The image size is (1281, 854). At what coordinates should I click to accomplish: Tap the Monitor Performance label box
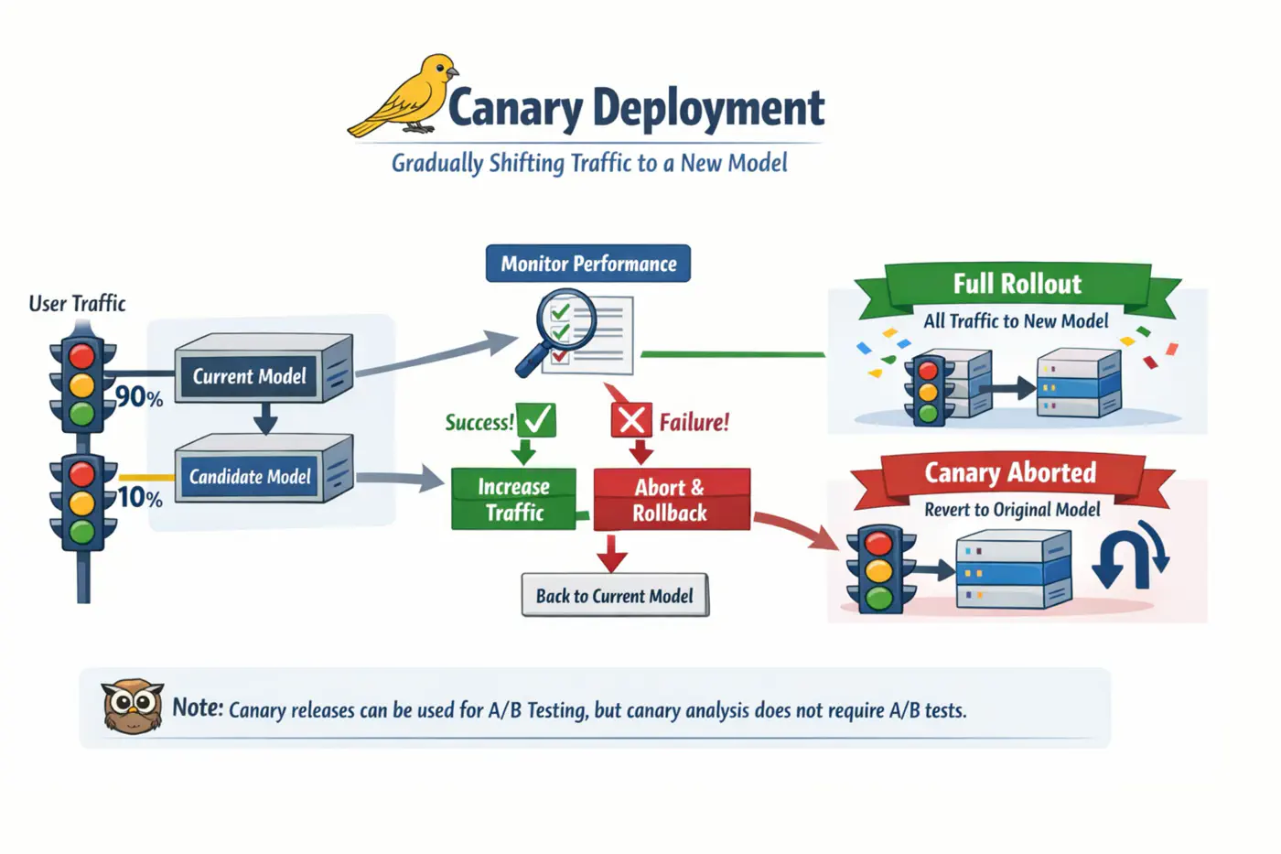(588, 264)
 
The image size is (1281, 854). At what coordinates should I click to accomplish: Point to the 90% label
(139, 397)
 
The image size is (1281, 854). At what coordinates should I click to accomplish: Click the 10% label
(140, 498)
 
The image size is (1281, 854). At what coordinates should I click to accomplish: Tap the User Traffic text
(77, 304)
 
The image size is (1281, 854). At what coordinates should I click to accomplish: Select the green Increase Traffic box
(514, 500)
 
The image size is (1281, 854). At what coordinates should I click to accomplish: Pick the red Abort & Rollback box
(671, 500)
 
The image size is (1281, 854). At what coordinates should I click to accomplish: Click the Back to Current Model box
(615, 596)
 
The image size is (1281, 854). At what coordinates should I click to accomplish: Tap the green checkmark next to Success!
(537, 420)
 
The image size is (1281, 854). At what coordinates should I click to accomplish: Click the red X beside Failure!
(631, 421)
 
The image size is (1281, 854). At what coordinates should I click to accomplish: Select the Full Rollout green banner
(1017, 285)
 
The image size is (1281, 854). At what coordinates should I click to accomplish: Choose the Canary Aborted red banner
(1010, 473)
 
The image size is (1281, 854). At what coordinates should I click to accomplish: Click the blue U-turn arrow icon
(1130, 556)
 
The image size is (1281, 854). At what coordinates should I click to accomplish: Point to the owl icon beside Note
(133, 707)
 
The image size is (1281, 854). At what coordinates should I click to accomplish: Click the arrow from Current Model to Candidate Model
(265, 418)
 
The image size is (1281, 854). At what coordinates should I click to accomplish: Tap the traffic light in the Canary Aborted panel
(879, 569)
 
